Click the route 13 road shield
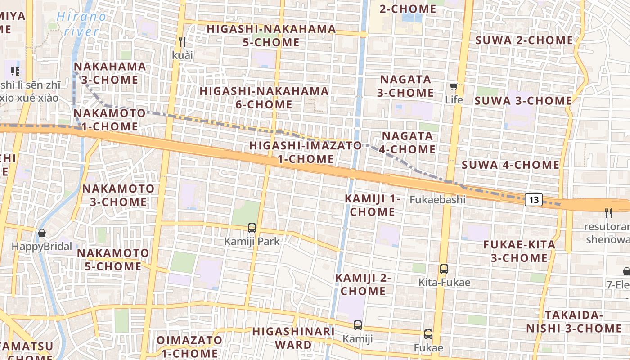coord(533,200)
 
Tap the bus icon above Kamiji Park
coord(252,228)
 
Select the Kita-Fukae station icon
coord(444,269)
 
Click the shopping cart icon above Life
coord(454,86)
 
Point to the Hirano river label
coord(82,24)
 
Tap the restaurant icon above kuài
coord(182,42)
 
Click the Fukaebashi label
coord(438,199)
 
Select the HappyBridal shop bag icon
coord(42,233)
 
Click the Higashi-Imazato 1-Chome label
coord(306,152)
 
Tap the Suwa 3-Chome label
coord(523,101)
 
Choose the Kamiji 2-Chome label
coord(363,284)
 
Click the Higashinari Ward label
coord(293,338)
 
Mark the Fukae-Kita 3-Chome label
coord(519,251)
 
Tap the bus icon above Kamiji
coord(358,325)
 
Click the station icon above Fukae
coord(428,334)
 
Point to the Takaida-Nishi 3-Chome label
coord(574,321)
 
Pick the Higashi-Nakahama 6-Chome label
coord(264,98)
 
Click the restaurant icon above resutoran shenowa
coord(608,213)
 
